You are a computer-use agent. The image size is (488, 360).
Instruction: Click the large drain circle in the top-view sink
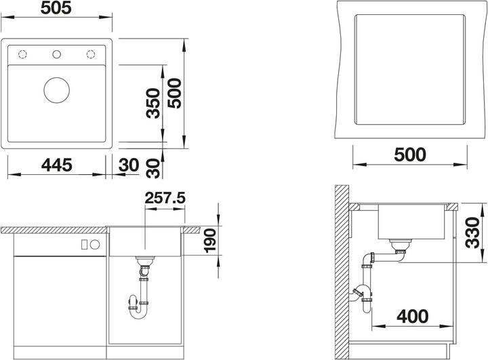pos(56,90)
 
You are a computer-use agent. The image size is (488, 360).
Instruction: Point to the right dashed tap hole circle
pos(89,54)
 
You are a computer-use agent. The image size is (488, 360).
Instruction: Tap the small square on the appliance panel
pos(85,244)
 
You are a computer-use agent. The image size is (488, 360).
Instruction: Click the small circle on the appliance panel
pos(95,244)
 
